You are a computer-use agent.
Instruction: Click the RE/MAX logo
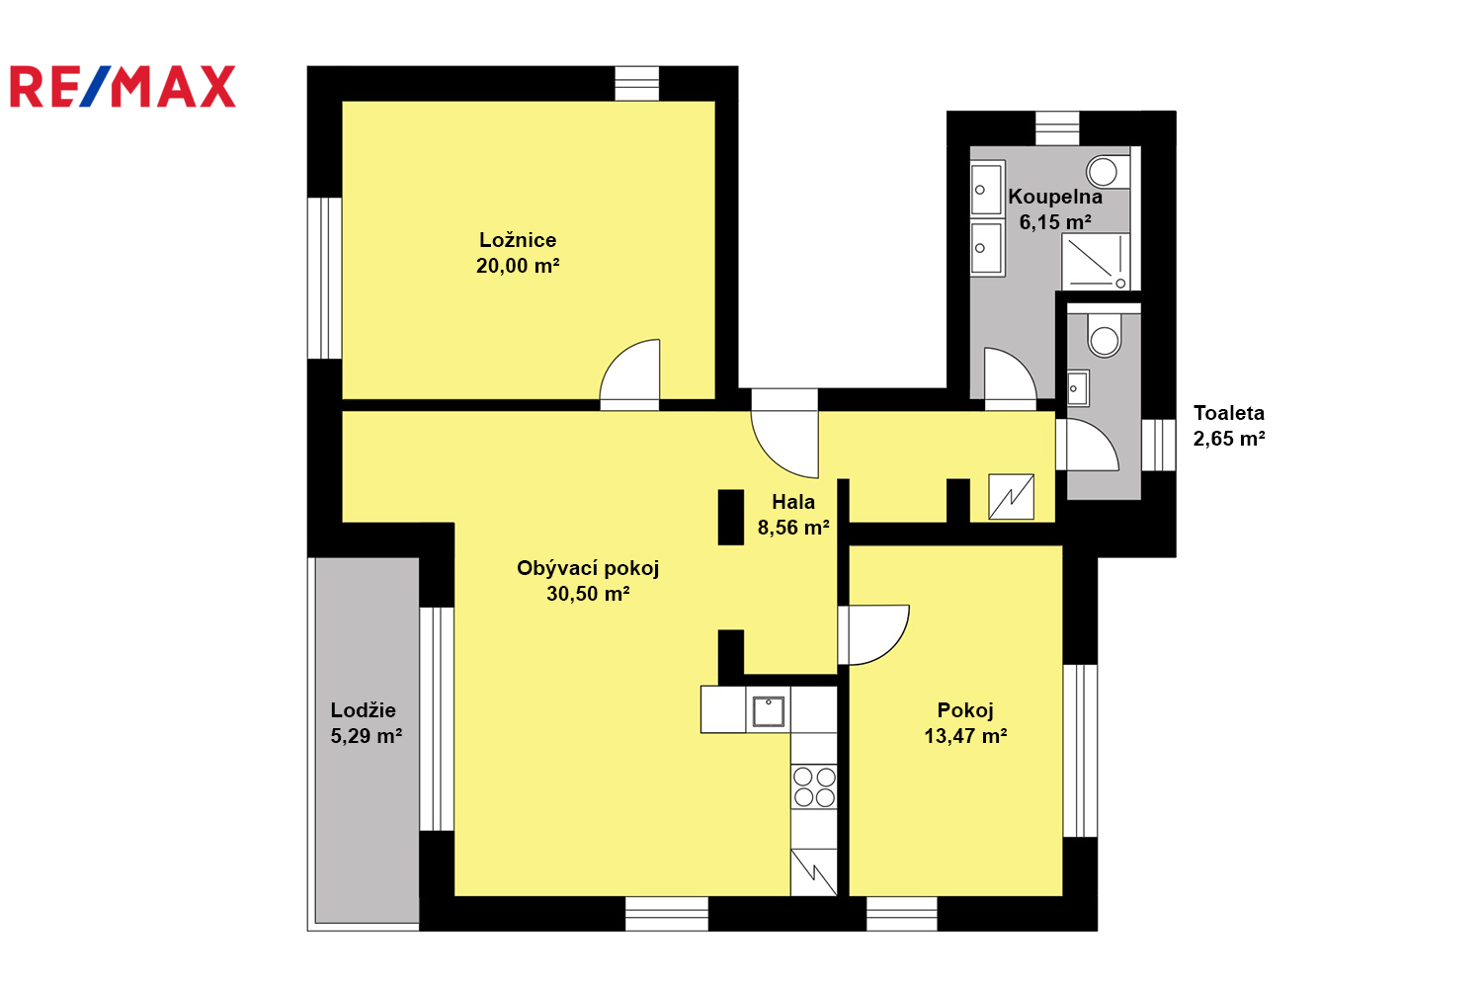(x=123, y=86)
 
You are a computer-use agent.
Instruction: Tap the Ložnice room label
(x=518, y=239)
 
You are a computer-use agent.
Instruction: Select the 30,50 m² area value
(x=588, y=594)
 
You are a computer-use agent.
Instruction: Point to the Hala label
(x=793, y=502)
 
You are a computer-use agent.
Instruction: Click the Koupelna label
(x=1055, y=197)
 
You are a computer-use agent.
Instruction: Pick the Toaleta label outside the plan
(x=1229, y=413)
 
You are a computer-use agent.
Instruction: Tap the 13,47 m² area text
(x=965, y=736)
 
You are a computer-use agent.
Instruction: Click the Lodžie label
(x=364, y=710)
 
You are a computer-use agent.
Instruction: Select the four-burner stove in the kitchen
(x=814, y=786)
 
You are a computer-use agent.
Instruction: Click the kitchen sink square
(x=768, y=710)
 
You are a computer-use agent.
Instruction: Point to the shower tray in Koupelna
(x=1096, y=262)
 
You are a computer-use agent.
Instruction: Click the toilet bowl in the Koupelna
(x=1109, y=172)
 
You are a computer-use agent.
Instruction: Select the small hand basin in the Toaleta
(x=1078, y=388)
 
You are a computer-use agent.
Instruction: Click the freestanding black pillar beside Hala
(x=731, y=518)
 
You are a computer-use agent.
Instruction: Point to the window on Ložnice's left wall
(x=324, y=278)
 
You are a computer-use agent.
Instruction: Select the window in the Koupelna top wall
(x=1057, y=128)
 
